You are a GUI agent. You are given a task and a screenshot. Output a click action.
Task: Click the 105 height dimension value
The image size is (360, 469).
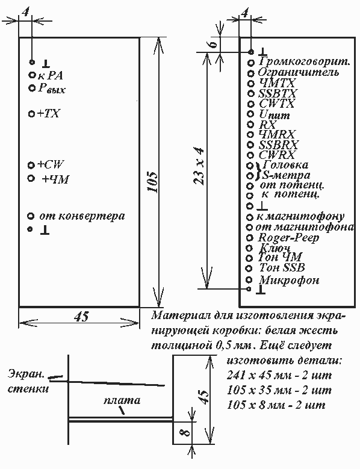[x=154, y=182]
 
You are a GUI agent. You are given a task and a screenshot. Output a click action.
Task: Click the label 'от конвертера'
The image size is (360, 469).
[x=82, y=216]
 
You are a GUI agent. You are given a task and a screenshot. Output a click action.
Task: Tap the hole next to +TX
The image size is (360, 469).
[x=31, y=114]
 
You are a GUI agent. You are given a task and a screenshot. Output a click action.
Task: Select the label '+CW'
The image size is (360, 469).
[x=50, y=164]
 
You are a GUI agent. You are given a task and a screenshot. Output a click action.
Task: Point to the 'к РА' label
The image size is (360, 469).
[x=50, y=75]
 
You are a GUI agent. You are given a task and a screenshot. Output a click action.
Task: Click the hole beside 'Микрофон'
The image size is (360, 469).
[x=249, y=279]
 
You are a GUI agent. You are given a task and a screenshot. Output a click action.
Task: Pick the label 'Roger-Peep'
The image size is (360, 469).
[x=288, y=238]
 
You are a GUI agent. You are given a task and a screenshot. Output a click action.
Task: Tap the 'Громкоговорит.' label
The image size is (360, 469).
[x=305, y=61]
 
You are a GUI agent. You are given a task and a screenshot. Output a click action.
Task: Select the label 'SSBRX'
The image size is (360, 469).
[x=278, y=144]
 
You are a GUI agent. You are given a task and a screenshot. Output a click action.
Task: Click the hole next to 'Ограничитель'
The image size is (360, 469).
[x=251, y=73]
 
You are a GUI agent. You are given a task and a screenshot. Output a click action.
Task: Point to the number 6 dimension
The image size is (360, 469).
[x=212, y=45]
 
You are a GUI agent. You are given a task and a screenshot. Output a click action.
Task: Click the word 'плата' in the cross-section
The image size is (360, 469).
[x=122, y=400]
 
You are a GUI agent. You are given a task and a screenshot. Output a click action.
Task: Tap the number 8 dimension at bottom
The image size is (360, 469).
[x=186, y=432]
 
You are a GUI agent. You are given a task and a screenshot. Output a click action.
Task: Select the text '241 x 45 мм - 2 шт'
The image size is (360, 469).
[x=279, y=375]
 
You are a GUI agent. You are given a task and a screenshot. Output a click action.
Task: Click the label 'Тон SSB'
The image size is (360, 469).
[x=282, y=267]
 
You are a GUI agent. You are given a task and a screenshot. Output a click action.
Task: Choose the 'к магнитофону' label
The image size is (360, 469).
[x=300, y=217]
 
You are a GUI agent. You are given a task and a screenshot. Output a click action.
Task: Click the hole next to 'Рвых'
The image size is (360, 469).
[x=31, y=88]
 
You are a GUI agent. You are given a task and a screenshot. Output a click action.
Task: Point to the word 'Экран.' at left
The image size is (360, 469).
[x=26, y=374]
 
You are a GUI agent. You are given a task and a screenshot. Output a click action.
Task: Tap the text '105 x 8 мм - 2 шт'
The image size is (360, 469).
[x=276, y=405]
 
